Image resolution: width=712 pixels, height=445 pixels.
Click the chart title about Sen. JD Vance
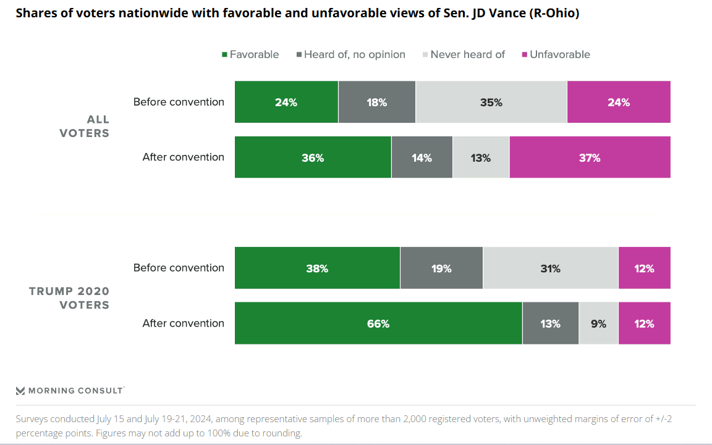click(x=297, y=14)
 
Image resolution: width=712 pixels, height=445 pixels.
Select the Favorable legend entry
click(x=250, y=54)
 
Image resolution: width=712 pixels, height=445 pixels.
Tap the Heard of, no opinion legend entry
click(x=351, y=54)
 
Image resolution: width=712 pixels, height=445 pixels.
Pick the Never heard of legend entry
click(x=464, y=54)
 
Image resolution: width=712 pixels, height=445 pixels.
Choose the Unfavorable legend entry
click(x=556, y=54)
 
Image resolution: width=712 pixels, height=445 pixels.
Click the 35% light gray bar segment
click(x=491, y=102)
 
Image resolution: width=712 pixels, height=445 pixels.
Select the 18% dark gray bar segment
click(x=377, y=102)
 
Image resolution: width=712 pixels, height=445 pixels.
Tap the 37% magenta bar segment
click(x=590, y=157)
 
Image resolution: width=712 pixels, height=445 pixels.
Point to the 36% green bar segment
click(x=313, y=157)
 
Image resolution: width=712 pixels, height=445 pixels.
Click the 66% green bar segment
click(x=378, y=323)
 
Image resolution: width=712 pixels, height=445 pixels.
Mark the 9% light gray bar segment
click(x=598, y=323)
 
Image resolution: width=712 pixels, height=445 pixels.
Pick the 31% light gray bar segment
click(x=550, y=268)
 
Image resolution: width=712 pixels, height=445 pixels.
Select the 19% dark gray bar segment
click(x=441, y=268)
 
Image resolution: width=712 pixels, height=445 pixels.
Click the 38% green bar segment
click(x=317, y=268)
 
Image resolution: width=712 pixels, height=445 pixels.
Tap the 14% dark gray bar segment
click(x=422, y=157)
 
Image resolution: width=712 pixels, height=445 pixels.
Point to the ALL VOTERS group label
click(x=85, y=126)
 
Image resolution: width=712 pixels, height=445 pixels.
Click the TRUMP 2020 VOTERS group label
click(x=69, y=298)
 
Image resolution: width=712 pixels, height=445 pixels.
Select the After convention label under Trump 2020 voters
click(x=183, y=323)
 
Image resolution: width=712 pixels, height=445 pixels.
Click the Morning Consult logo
click(x=70, y=391)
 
